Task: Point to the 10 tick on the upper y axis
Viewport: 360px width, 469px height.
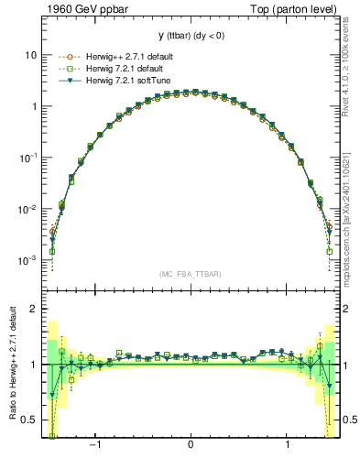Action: (30, 55)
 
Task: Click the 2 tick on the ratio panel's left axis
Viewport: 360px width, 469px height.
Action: (33, 310)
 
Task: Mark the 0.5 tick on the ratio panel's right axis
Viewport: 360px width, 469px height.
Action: (347, 420)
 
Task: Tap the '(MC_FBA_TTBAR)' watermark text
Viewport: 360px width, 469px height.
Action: (189, 274)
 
